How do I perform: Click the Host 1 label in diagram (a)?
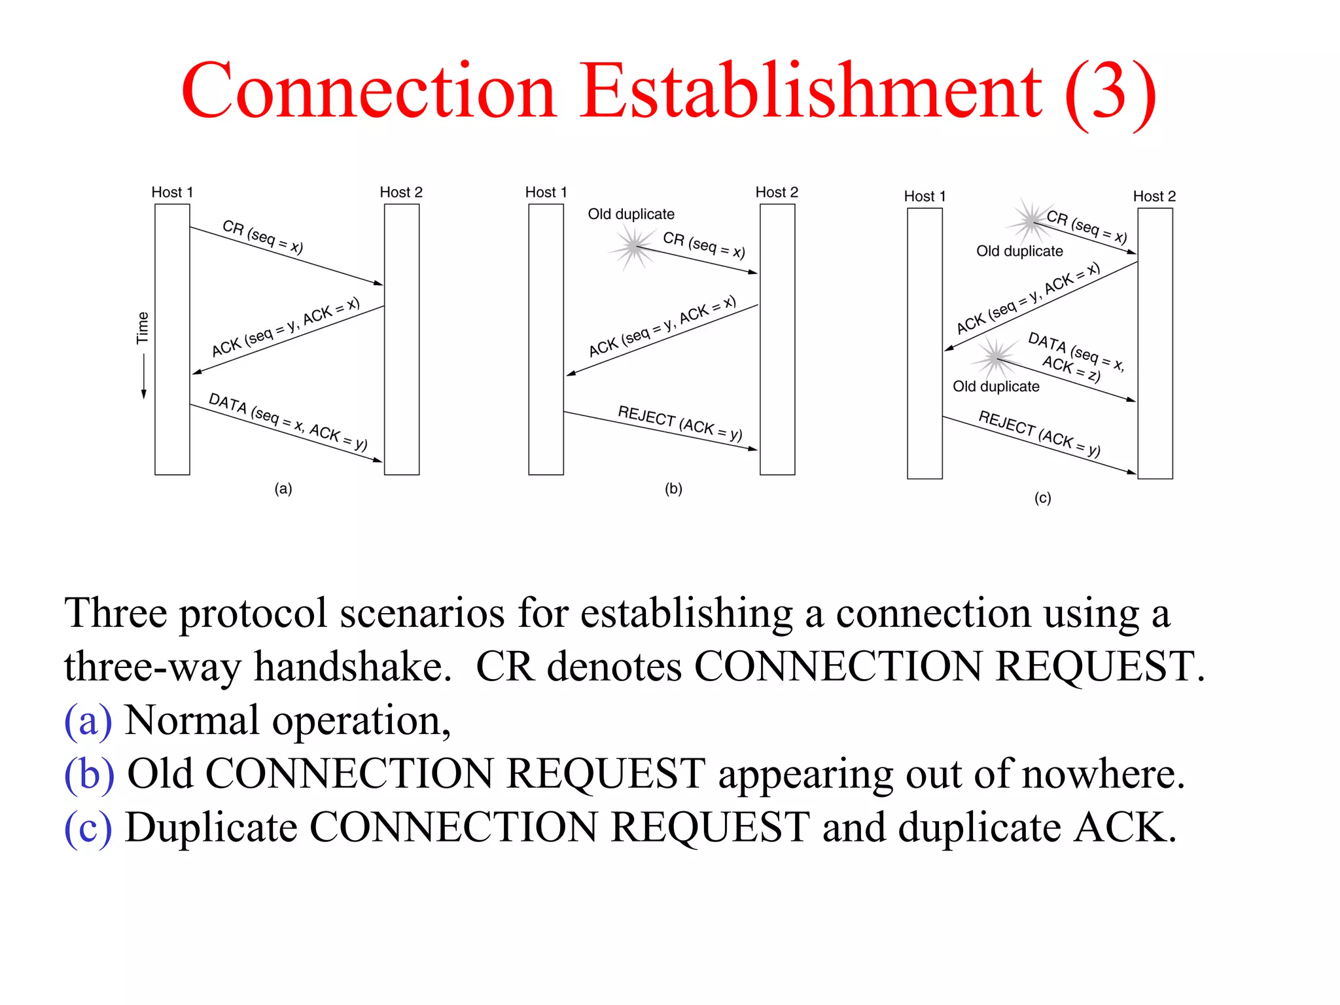pos(172,192)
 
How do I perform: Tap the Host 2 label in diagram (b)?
pos(777,192)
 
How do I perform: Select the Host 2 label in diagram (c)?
pos(1154,196)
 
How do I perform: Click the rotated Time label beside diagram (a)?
pos(143,328)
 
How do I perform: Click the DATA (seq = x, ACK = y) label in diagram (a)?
pos(288,421)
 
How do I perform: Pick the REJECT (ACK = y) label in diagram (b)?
pos(680,423)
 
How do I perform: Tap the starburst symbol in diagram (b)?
pos(633,247)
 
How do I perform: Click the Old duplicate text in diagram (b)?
pos(631,214)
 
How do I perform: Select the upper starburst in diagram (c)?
pos(1031,220)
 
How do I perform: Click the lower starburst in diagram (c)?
pos(995,357)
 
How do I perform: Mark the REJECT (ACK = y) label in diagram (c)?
pos(1039,433)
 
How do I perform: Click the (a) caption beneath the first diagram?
pos(283,489)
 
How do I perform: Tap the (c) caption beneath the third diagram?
pos(1043,498)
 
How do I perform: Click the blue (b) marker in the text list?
pos(89,774)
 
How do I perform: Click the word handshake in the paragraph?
pos(353,667)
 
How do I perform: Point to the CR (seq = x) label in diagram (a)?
pos(263,236)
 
